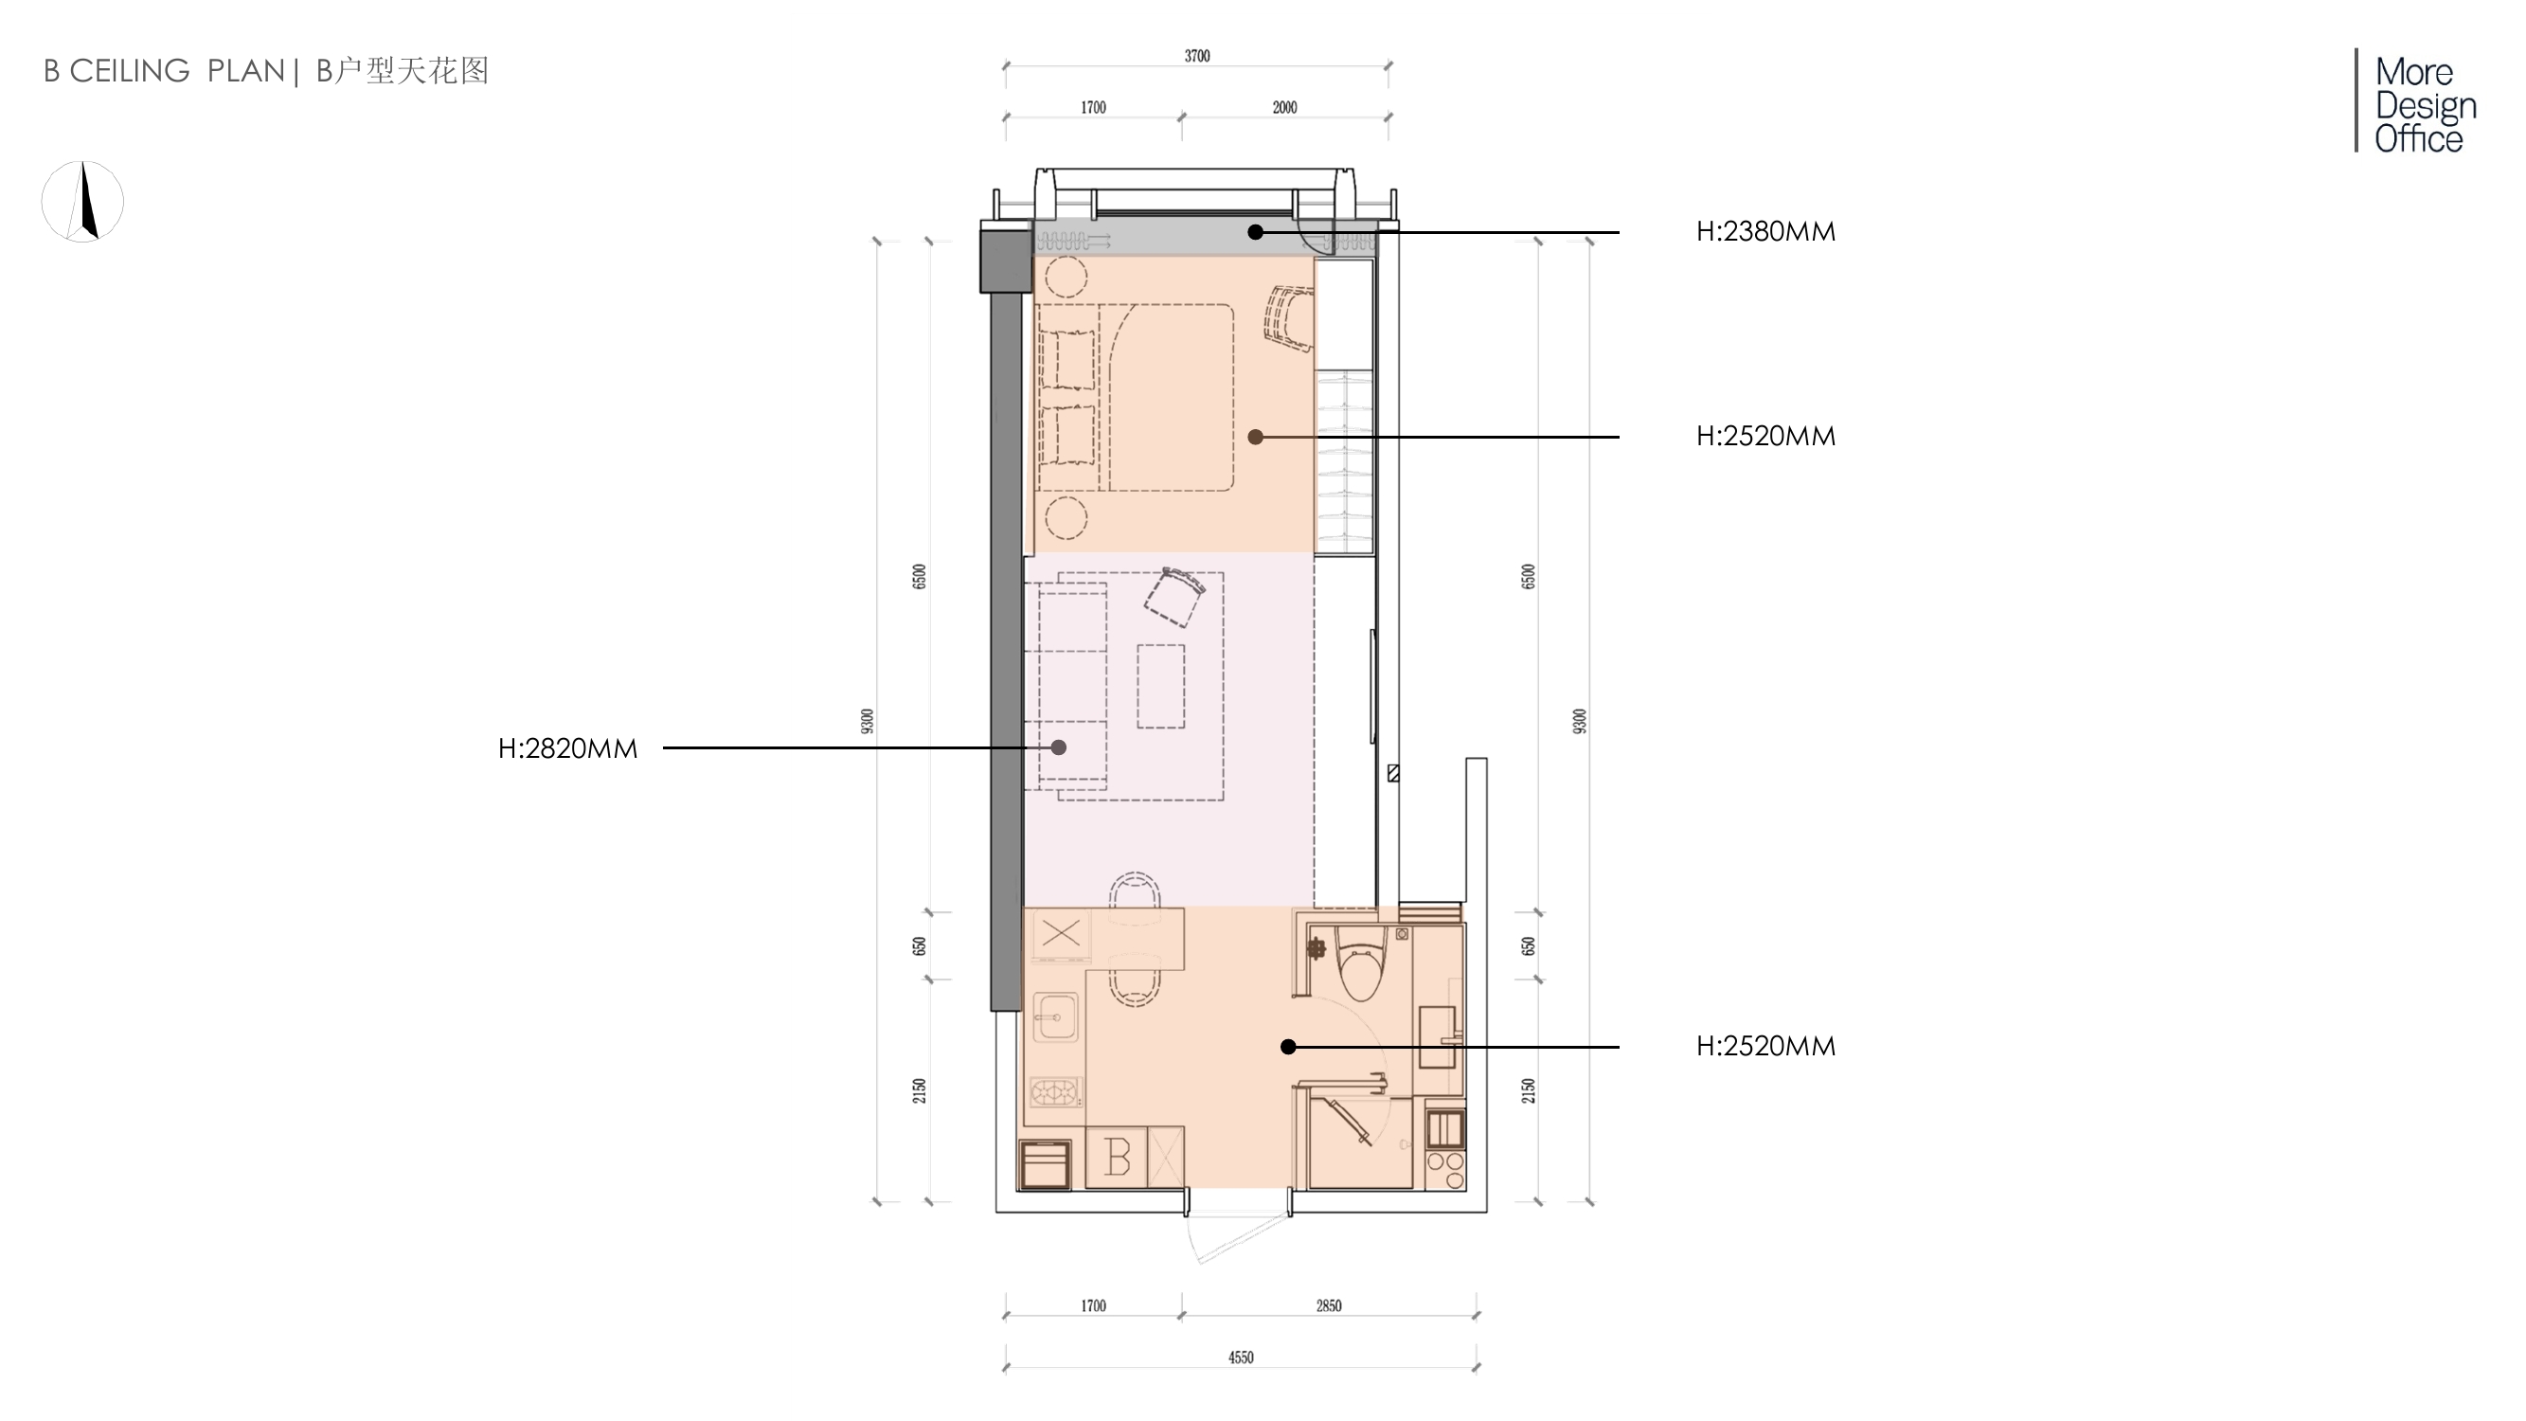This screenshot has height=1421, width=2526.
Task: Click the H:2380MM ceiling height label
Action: click(x=1765, y=231)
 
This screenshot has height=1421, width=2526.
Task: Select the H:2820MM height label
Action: click(x=567, y=748)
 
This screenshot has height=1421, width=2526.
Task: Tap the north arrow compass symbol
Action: click(x=82, y=201)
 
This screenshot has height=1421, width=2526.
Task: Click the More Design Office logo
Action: click(x=2418, y=103)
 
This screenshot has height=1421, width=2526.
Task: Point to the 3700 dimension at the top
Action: click(x=1196, y=56)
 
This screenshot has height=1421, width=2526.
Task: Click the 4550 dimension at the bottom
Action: click(x=1241, y=1358)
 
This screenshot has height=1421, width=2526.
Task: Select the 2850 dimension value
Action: click(x=1329, y=1305)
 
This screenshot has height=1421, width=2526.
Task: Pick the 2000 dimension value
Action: click(x=1284, y=107)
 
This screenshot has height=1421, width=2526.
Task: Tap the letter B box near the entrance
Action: click(x=1117, y=1158)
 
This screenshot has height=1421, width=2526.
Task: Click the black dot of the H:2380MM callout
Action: click(x=1255, y=232)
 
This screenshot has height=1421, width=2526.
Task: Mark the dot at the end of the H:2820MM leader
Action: click(x=1059, y=747)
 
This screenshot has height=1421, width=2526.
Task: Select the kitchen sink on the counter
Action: click(x=1055, y=1016)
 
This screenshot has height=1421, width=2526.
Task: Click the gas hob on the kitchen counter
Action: click(x=1056, y=1091)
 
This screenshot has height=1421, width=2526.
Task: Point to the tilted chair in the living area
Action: click(x=1173, y=596)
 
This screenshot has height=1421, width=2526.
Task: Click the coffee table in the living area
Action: click(x=1161, y=686)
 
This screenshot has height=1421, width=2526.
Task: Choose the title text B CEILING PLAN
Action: click(x=164, y=71)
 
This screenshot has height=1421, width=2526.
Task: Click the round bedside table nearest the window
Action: click(x=1066, y=278)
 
